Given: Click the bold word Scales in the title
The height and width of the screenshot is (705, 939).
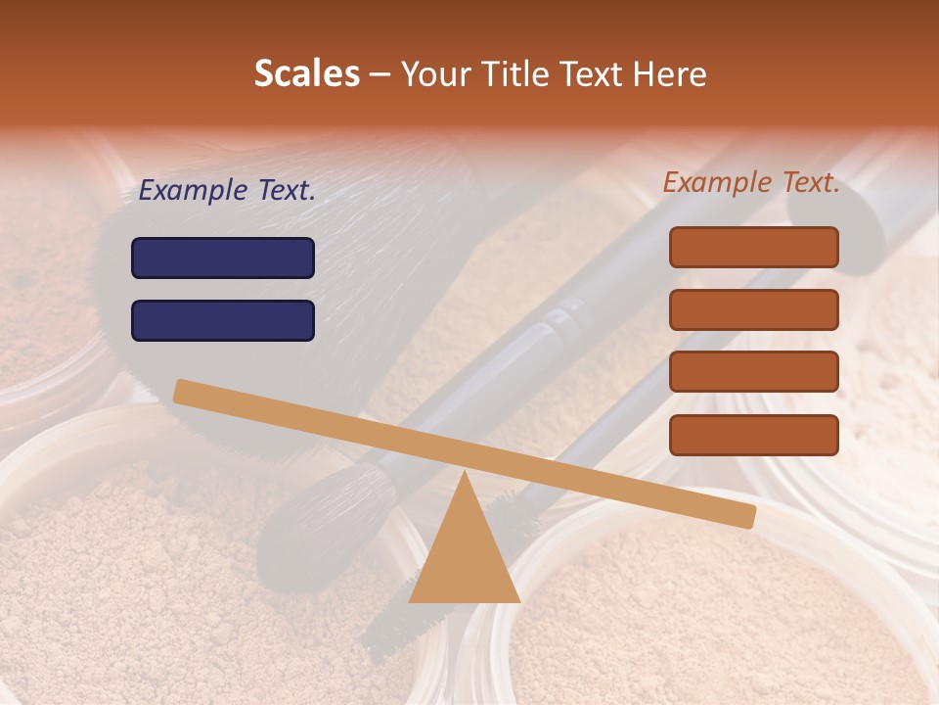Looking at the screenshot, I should (306, 73).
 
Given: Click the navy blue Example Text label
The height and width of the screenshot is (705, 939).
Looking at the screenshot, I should (227, 191).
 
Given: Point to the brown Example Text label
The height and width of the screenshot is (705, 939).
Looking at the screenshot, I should (751, 182).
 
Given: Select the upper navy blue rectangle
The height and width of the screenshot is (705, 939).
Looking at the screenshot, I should (223, 258).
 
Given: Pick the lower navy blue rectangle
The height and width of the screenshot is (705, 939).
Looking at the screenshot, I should (223, 320).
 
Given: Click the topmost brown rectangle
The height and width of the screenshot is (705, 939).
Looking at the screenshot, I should (753, 247).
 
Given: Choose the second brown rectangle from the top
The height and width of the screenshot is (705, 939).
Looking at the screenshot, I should (753, 309).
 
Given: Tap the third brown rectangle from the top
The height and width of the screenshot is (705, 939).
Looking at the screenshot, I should (753, 371).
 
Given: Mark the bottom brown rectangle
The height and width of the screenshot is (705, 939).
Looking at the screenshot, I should (753, 435).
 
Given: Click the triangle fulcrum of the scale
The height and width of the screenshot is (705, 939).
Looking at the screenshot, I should (465, 553).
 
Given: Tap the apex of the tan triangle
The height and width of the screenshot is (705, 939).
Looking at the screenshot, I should (465, 473).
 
